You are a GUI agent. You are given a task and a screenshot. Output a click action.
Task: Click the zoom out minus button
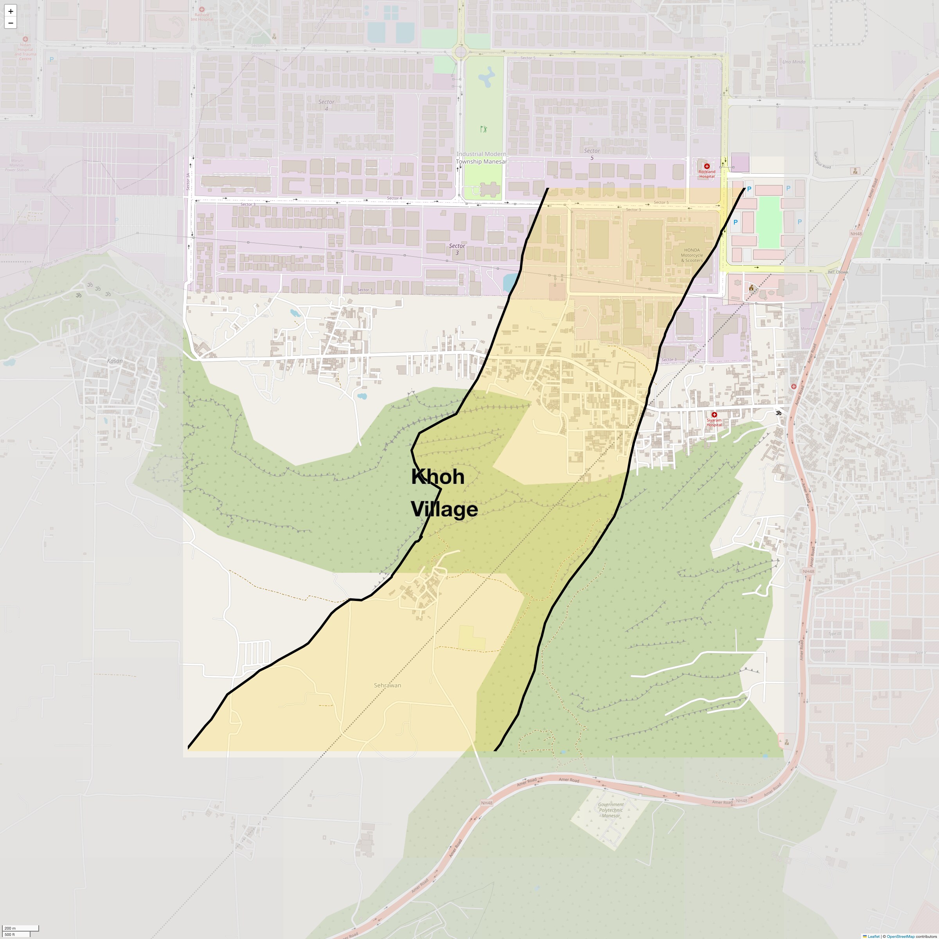10,23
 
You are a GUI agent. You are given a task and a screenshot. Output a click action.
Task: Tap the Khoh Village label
444,492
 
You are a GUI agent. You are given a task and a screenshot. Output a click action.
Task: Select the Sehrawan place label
387,685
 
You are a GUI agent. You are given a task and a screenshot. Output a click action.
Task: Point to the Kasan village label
115,361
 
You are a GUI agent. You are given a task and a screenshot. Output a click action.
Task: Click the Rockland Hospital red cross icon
707,166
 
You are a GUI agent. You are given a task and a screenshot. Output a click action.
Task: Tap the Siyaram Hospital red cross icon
714,415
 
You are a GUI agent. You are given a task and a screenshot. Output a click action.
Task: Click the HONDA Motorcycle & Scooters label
692,255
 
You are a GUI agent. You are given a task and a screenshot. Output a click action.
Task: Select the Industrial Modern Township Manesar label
481,157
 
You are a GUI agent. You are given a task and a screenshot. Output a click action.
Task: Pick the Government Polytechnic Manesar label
611,810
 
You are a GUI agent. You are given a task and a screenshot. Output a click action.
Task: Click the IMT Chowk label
837,272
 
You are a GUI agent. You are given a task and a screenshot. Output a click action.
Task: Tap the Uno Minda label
794,62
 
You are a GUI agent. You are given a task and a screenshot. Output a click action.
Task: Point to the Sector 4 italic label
326,105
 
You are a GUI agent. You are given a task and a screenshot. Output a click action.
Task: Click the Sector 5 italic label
592,154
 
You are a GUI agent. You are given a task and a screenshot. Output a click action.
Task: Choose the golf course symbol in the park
483,129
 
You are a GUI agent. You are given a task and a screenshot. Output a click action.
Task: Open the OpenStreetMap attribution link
900,936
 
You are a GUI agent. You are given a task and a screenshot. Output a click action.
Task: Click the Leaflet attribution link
873,936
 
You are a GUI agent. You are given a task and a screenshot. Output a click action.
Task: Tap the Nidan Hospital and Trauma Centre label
25,52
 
